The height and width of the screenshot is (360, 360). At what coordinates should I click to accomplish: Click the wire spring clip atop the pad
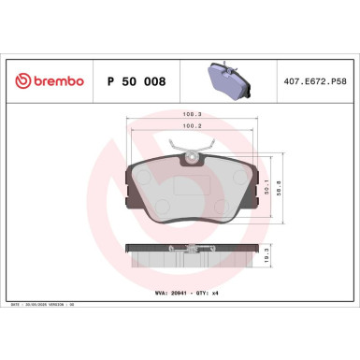(x=194, y=149)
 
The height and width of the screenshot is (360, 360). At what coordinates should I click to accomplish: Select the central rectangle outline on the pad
(x=194, y=187)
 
